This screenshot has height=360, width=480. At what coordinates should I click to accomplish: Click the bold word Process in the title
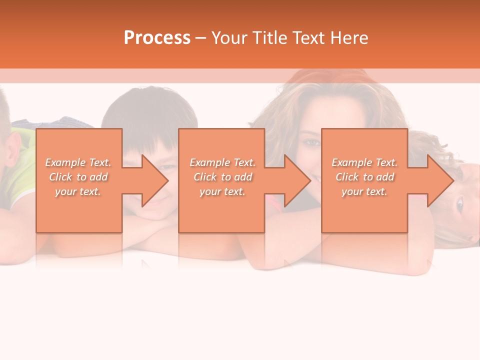coord(157,38)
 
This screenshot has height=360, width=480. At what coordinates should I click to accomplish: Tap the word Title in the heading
coord(268,38)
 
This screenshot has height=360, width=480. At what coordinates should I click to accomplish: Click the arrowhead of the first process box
coord(155,180)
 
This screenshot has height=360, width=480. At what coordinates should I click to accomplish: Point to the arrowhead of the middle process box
coord(297,180)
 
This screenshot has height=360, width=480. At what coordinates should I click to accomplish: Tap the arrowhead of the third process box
coord(440,180)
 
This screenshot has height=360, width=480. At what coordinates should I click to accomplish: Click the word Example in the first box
coord(65,162)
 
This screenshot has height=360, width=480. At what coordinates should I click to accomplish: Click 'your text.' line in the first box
coord(78,191)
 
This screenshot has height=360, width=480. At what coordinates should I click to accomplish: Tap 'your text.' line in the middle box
coord(222,191)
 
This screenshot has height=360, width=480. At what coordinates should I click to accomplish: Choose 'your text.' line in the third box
coord(364,191)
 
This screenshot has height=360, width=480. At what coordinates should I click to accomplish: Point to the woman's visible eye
coord(312,142)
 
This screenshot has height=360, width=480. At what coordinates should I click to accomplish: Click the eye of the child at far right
coord(459,203)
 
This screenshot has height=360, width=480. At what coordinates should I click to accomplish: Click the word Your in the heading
coord(229,38)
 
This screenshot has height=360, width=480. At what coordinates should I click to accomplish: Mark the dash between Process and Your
coord(200,38)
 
